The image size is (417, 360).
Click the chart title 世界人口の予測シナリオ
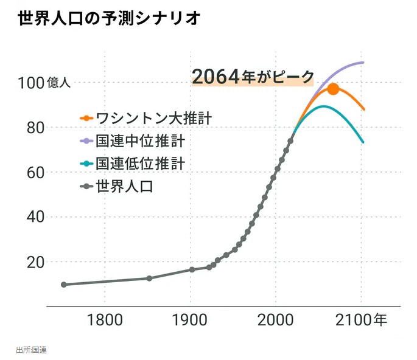109,19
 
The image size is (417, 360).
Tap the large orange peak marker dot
333,89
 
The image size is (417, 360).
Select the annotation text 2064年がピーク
253,77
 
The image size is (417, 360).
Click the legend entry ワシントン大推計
149,118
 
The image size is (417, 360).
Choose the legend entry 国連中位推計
140,141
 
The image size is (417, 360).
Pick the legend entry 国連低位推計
140,164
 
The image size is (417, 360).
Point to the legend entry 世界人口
124,186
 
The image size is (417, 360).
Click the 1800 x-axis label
105,320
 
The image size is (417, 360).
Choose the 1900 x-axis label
191,320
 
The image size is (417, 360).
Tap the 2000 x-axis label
276,320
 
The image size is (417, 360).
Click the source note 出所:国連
32,350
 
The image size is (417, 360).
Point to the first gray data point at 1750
63,285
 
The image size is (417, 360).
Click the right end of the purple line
363,63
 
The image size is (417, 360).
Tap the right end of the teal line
363,142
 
